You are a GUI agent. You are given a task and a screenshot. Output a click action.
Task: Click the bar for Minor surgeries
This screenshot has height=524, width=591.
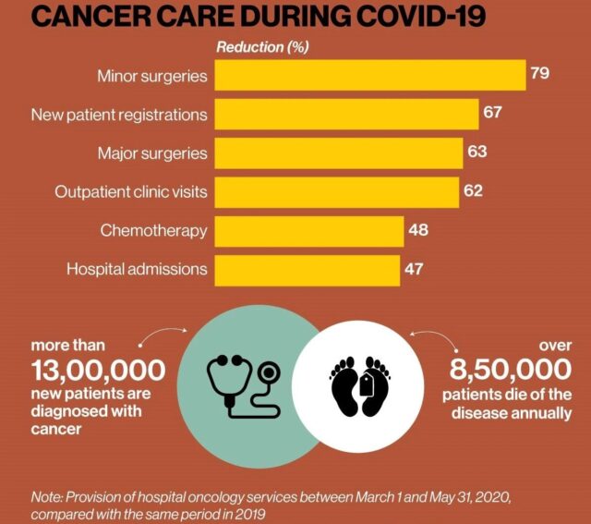pyautogui.click(x=369, y=75)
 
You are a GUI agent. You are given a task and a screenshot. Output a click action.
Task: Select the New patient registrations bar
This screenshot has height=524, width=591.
pyautogui.click(x=346, y=114)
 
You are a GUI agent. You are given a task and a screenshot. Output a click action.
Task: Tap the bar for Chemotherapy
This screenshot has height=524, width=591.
pyautogui.click(x=309, y=230)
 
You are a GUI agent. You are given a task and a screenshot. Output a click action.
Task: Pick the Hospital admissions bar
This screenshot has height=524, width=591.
pyautogui.click(x=308, y=270)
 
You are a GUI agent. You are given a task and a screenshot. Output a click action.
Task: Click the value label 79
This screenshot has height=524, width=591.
pyautogui.click(x=540, y=72)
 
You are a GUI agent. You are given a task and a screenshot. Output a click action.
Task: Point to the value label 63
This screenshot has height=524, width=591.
pyautogui.click(x=476, y=151)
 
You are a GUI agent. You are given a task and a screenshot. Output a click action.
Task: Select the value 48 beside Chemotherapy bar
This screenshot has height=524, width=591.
pyautogui.click(x=417, y=228)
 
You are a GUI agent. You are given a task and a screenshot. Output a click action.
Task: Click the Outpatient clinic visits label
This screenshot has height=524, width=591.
pyautogui.click(x=130, y=192)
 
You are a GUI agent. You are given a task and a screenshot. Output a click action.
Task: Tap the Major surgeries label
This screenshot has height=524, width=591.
pyautogui.click(x=152, y=152)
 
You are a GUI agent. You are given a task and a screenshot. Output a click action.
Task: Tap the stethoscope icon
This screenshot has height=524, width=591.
pyautogui.click(x=241, y=380)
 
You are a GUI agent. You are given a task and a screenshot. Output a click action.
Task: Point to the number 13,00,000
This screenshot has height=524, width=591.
pyautogui.click(x=98, y=371)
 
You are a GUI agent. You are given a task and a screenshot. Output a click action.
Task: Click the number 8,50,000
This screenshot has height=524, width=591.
pyautogui.click(x=511, y=371)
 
